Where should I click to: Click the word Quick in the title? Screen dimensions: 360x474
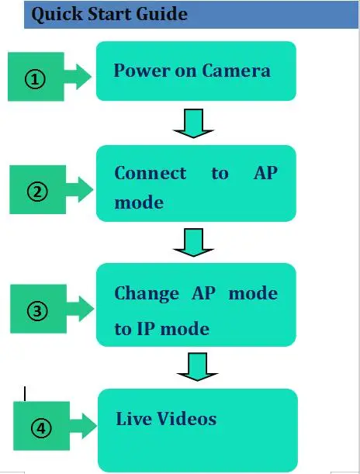tap(57, 14)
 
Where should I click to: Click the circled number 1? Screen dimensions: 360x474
tap(35, 79)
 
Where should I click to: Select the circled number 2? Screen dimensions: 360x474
tap(37, 192)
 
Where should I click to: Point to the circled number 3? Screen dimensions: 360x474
tap(37, 311)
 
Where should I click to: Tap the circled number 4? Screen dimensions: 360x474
tap(41, 428)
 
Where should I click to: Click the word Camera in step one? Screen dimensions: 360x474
tap(236, 71)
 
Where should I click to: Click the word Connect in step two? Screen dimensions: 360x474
tap(151, 173)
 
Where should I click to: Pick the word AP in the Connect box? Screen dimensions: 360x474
tap(265, 173)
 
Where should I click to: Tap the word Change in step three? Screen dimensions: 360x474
tap(147, 293)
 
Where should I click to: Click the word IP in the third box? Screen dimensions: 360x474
tap(147, 328)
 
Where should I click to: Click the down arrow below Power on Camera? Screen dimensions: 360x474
tap(193, 123)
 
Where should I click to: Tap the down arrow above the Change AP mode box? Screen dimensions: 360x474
tap(193, 243)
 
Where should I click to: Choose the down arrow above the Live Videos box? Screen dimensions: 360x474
tap(197, 367)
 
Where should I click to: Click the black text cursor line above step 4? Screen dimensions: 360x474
tap(25, 393)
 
